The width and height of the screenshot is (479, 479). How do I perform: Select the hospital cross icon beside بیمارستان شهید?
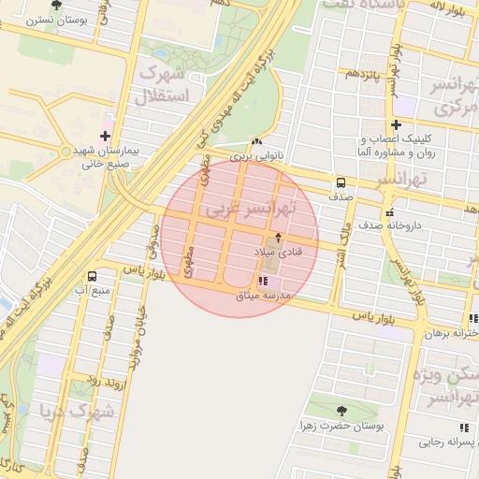pyautogui.click(x=117, y=137)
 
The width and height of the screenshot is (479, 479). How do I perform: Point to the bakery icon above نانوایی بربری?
pyautogui.click(x=257, y=141)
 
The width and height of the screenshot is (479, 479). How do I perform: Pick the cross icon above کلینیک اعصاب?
pyautogui.click(x=397, y=123)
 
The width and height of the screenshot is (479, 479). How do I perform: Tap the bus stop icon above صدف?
pyautogui.click(x=340, y=183)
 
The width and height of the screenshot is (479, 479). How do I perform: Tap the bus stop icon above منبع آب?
pyautogui.click(x=92, y=276)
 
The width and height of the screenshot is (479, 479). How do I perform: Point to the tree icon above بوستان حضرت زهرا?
pyautogui.click(x=341, y=410)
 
